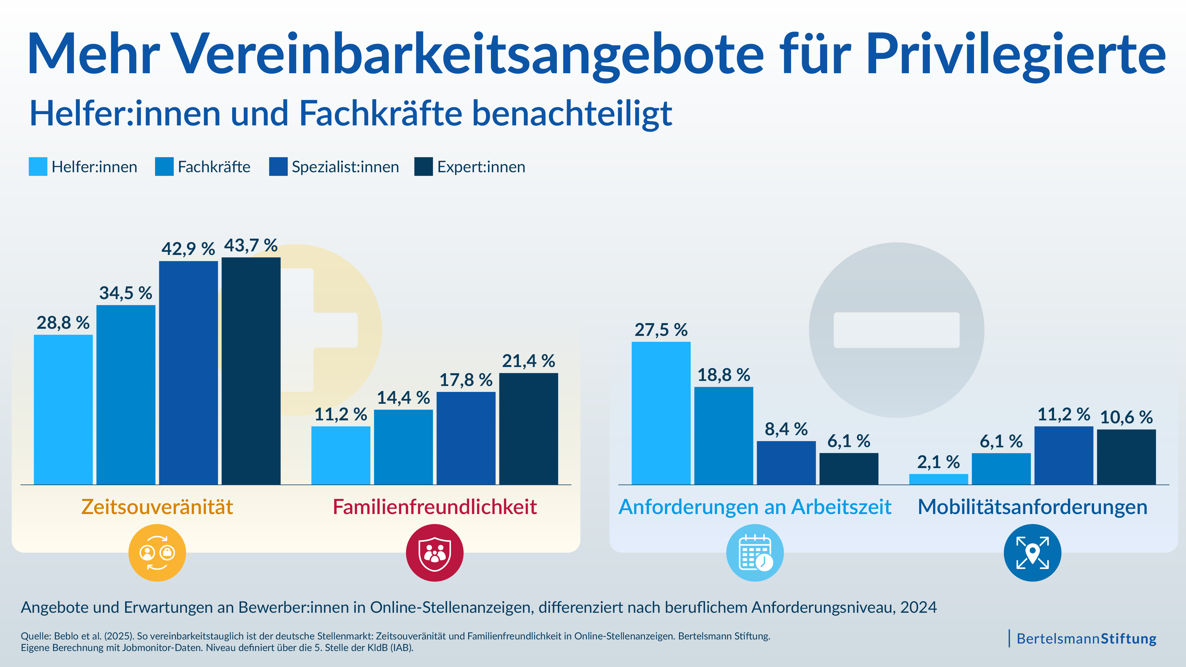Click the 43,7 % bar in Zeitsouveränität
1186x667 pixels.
(251, 371)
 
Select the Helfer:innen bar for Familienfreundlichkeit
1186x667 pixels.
(341, 455)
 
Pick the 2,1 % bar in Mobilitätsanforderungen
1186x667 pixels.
(938, 479)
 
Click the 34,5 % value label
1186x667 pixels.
(126, 293)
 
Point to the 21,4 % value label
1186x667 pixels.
(529, 361)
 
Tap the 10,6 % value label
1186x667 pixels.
(1126, 417)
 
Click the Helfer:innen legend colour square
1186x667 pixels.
(38, 167)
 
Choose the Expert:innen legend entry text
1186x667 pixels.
(481, 167)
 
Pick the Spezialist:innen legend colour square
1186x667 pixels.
(278, 167)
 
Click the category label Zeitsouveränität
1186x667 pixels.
(157, 507)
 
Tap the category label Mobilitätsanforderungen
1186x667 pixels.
(1032, 507)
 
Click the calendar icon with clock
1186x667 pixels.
(755, 553)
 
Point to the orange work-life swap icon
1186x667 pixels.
(157, 553)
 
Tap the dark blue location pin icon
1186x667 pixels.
(1032, 553)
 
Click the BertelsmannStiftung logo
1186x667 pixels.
(1085, 639)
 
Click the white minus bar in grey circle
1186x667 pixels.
(896, 330)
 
